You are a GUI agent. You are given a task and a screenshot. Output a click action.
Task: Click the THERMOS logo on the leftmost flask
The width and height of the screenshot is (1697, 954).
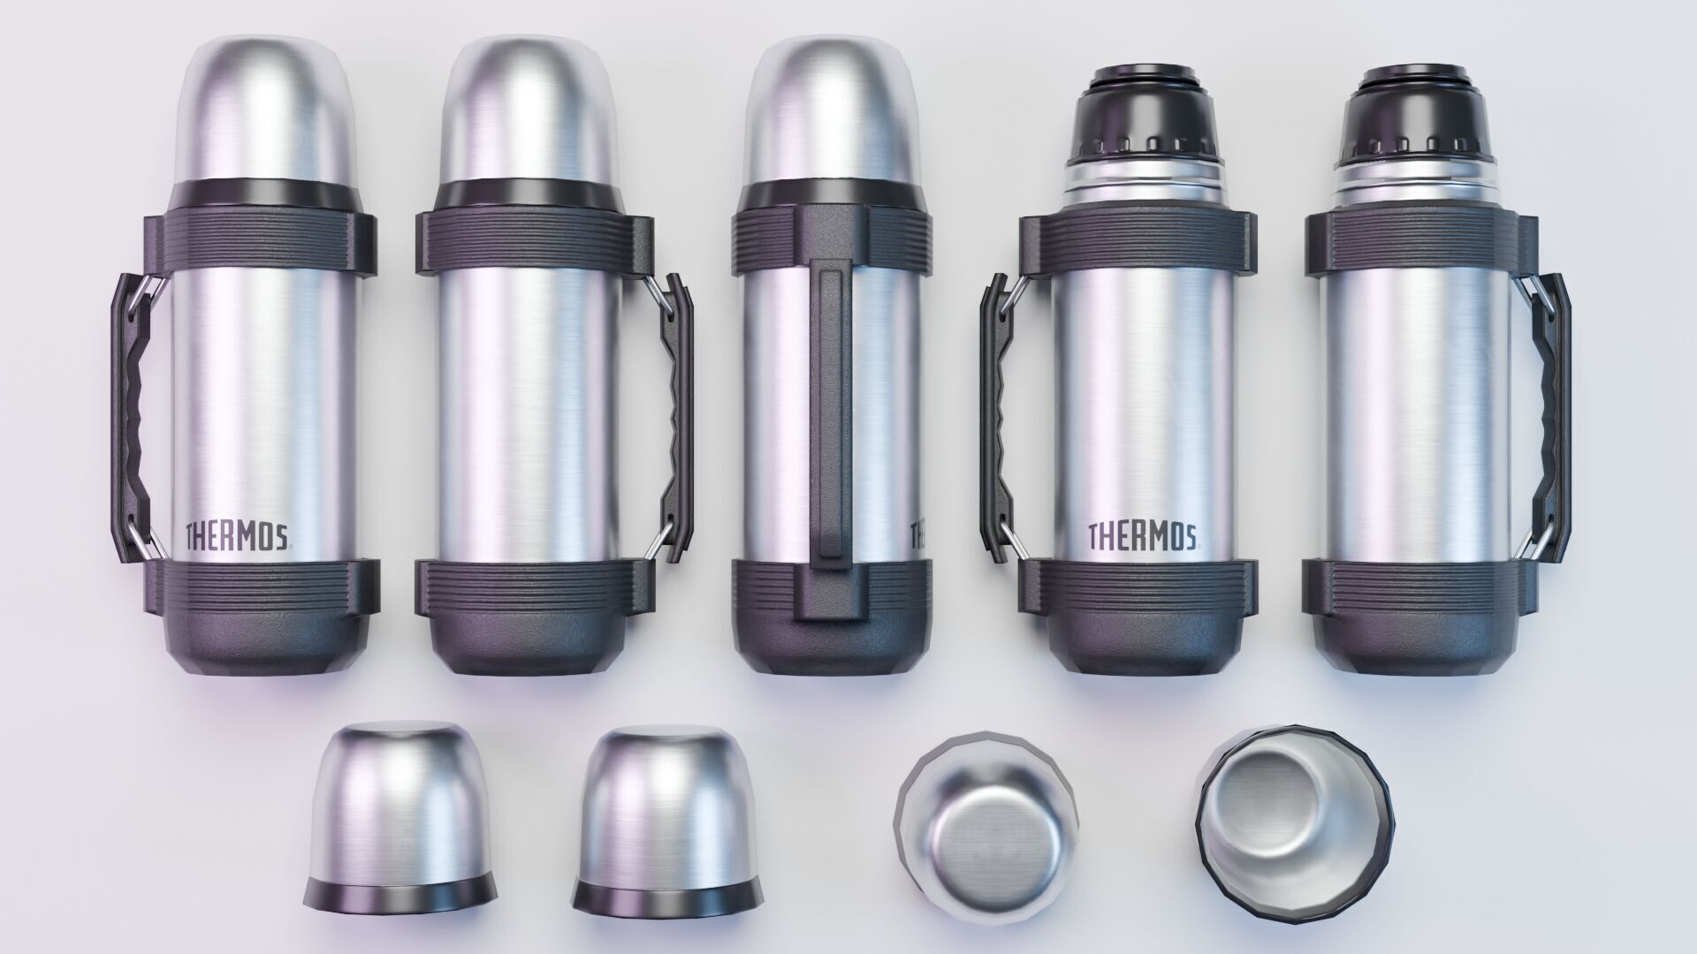pyautogui.click(x=237, y=535)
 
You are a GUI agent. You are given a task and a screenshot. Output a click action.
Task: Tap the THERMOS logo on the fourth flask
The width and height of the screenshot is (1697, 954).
pyautogui.click(x=1142, y=535)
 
